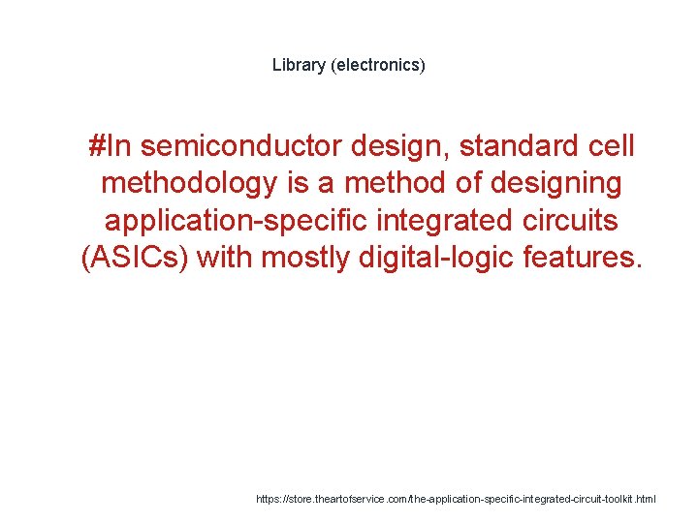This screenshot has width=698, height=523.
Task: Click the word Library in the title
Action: click(299, 66)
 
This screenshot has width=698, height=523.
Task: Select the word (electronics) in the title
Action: click(377, 66)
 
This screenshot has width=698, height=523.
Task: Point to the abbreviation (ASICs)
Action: click(133, 258)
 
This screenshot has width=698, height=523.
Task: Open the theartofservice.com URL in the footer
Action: click(456, 499)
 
